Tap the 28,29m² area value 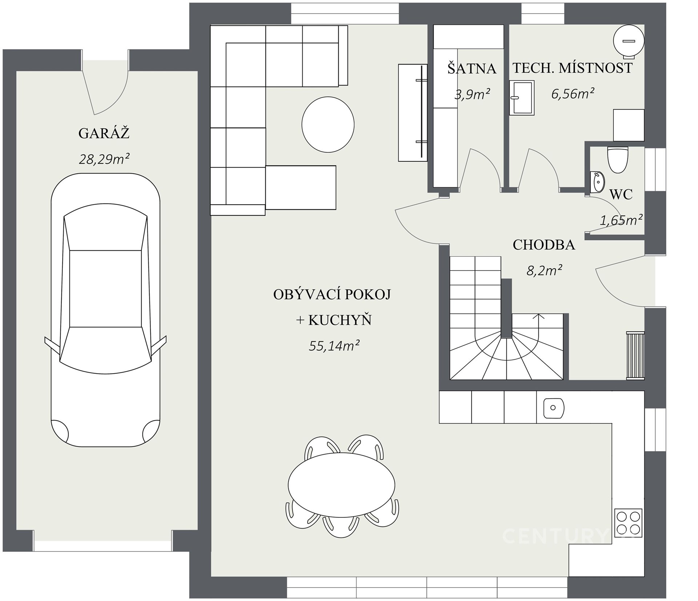point(104,159)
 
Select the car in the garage point(105,310)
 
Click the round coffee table point(328,124)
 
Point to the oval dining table point(341,485)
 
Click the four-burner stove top point(628,522)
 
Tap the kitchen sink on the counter point(553,408)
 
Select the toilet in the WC point(618,159)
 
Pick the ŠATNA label point(472,68)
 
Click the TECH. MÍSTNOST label point(573,68)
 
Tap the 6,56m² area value point(573,94)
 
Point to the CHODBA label point(544,245)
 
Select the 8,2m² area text point(545,270)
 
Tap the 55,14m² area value point(334,345)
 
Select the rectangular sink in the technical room point(522,98)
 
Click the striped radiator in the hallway point(635,355)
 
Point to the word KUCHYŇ point(340,320)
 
